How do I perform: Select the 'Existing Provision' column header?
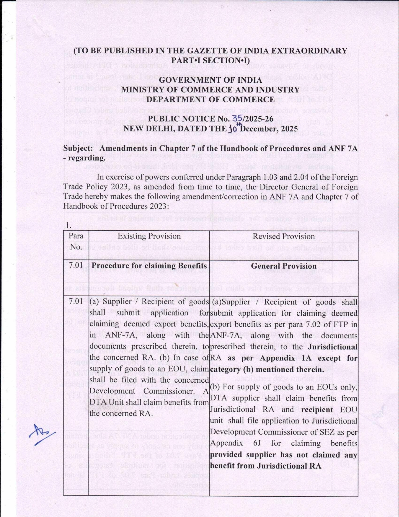tap(149, 236)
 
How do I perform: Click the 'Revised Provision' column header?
tap(283, 236)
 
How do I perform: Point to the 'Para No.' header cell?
tap(76, 241)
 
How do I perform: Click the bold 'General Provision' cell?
tap(283, 266)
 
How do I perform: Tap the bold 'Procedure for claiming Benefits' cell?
tap(149, 266)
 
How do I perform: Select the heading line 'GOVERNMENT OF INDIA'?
tap(210, 80)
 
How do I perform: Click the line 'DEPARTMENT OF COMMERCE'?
tap(210, 100)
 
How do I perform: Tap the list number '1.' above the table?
tap(68, 225)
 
